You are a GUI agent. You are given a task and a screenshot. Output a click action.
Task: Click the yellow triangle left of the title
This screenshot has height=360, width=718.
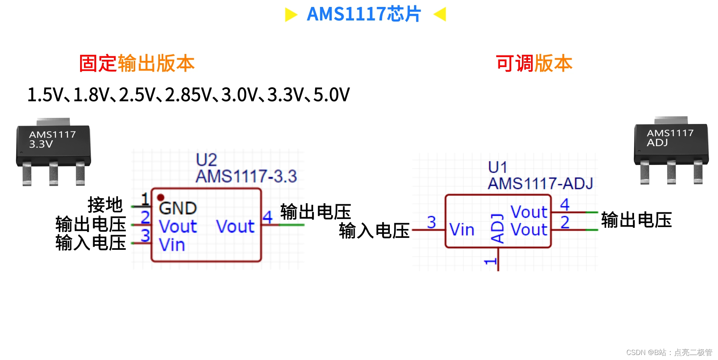click(291, 15)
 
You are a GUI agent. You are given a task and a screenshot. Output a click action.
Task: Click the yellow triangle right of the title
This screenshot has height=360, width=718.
click(440, 14)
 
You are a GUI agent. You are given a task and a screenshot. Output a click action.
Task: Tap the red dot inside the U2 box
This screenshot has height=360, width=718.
click(161, 198)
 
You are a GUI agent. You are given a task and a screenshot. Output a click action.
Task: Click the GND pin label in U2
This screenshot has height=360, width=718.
click(178, 208)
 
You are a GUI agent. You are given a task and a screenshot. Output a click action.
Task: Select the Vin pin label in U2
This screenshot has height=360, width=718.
click(172, 245)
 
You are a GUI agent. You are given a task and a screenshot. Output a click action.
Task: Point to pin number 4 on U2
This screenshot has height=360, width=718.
click(268, 217)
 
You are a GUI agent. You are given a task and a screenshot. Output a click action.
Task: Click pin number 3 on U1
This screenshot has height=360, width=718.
click(431, 222)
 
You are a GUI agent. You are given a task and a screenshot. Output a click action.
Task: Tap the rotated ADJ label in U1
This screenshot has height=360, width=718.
click(497, 228)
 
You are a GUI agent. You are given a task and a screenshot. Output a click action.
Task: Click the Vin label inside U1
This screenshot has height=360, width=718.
click(461, 230)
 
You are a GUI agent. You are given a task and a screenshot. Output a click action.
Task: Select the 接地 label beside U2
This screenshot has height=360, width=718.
click(105, 204)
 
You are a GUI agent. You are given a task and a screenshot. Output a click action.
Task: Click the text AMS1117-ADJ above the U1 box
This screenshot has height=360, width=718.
click(540, 183)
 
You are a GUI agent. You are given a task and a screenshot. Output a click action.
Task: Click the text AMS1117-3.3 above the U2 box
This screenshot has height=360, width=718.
click(246, 177)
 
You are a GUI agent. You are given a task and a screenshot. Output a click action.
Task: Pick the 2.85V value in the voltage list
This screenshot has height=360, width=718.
click(188, 95)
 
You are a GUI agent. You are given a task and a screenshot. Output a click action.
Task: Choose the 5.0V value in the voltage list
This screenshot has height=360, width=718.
click(331, 95)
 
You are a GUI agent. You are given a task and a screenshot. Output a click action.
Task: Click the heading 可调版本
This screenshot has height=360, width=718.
click(534, 64)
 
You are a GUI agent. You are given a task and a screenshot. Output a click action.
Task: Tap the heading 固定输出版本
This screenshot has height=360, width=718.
click(137, 64)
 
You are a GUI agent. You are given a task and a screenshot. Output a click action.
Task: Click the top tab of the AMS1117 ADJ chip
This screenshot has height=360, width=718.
click(671, 120)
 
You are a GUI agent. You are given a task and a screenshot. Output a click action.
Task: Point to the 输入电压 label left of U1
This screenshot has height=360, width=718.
click(374, 231)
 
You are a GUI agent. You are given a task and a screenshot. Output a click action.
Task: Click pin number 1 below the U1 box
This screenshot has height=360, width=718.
click(490, 261)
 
